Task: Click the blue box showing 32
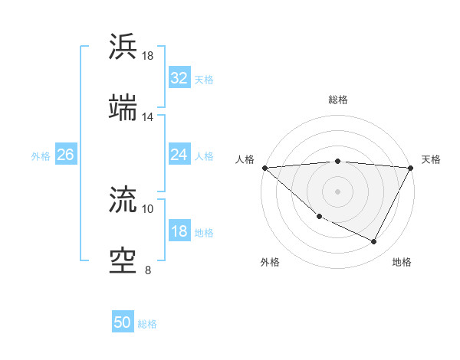179,78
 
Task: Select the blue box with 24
179,155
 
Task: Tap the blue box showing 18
179,231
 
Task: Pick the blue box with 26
65,155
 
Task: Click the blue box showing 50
123,322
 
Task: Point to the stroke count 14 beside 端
148,117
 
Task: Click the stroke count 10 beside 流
148,208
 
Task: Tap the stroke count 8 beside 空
148,270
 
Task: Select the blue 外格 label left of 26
41,155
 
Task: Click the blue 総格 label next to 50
147,324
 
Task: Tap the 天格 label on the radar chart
431,159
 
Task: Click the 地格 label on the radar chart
402,262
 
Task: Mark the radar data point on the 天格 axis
411,168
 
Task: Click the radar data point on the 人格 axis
264,168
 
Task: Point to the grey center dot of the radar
337,191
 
